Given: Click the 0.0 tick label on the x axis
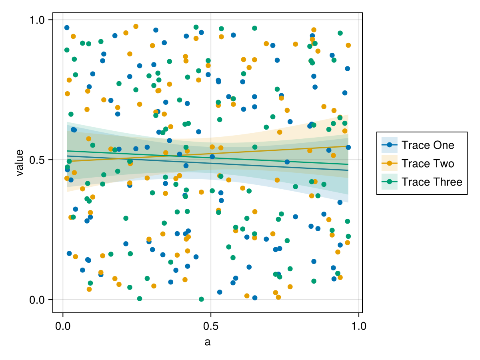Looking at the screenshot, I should [x=63, y=325].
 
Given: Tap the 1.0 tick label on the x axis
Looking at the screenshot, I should [x=358, y=325].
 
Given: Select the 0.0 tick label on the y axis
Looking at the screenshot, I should [x=38, y=300].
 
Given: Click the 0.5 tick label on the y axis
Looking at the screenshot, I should [x=38, y=160].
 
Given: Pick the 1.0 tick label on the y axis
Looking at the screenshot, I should [x=38, y=20].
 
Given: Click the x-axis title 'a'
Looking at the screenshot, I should [x=207, y=342].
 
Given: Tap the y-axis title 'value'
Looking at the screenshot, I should [x=19, y=163].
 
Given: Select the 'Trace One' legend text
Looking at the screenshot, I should [x=428, y=145].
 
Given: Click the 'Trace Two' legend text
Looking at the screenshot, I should [x=428, y=163].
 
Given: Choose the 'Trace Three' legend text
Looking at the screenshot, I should [x=432, y=182].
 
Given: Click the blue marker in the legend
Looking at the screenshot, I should [x=390, y=145].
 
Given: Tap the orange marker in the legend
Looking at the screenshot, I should [x=390, y=163].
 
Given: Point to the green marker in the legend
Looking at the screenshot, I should [x=390, y=182].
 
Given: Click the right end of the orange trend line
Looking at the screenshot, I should [x=348, y=146].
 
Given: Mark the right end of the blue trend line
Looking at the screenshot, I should [x=348, y=170].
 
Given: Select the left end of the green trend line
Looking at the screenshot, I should [x=67, y=151].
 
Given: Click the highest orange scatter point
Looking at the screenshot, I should [x=136, y=26].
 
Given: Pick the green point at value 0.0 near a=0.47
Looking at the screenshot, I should [x=201, y=299].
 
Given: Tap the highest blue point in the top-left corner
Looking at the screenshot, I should [x=67, y=28].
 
